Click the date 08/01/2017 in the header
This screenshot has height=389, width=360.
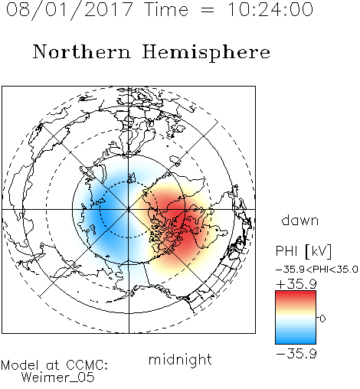pos(70,10)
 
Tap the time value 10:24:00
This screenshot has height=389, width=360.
pos(270,10)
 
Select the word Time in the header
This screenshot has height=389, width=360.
pos(166,10)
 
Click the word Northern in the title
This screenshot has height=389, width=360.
pos(82,52)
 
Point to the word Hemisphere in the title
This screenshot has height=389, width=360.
pos(206,53)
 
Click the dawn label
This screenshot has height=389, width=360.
pos(300,220)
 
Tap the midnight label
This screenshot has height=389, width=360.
pos(180,359)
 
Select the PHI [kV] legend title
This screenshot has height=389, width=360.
pos(303,251)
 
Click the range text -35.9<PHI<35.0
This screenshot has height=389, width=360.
pos(317,270)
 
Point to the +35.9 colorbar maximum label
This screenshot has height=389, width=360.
pos(296,284)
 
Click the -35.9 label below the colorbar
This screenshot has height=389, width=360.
pos(296,354)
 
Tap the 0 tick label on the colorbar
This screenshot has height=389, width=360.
pos(322,319)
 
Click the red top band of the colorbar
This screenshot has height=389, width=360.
pos(296,295)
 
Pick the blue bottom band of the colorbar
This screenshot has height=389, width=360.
pos(296,340)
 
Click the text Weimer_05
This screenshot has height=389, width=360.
pos(58,377)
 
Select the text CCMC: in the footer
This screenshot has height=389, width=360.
pos(87,365)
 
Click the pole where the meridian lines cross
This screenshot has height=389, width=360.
pos(129,210)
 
